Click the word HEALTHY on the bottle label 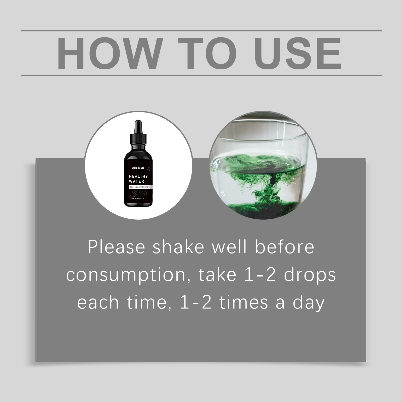pyautogui.click(x=138, y=176)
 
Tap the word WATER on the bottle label pyautogui.click(x=136, y=181)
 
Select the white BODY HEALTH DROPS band pyautogui.click(x=139, y=187)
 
